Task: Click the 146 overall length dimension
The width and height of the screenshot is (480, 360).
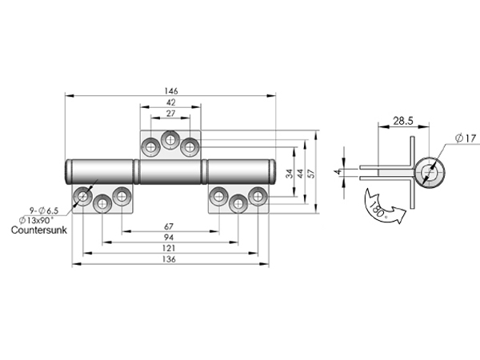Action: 171,91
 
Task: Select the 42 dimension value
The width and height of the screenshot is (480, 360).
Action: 170,102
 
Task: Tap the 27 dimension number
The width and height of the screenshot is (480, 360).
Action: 170,114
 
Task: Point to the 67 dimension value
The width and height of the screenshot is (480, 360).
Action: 169,226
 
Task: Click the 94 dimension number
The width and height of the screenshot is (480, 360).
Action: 169,238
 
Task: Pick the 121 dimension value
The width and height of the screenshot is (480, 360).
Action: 169,248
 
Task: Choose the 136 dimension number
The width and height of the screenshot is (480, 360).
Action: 169,259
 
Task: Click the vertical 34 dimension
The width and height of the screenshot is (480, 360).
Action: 290,174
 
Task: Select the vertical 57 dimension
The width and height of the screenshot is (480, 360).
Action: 311,174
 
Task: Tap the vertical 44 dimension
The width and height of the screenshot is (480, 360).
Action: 300,174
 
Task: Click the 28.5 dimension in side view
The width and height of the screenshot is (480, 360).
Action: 403,121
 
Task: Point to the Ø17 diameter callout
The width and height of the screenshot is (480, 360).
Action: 466,138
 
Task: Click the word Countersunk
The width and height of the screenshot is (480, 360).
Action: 39,230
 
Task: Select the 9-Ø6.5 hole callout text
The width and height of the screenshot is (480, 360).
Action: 44,210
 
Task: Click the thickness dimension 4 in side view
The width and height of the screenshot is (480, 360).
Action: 338,172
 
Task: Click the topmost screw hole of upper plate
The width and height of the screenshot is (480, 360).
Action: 170,140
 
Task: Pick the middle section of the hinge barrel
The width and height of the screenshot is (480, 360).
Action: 170,172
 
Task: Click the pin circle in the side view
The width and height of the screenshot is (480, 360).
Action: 429,172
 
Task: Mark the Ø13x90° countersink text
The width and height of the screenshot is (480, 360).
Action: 36,220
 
